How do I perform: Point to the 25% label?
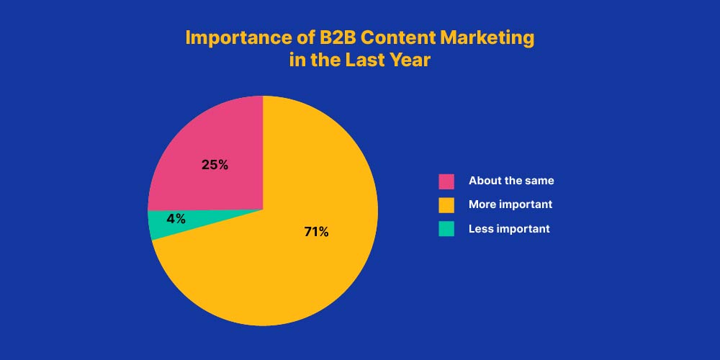pyautogui.click(x=215, y=165)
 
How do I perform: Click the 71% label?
pyautogui.click(x=316, y=232)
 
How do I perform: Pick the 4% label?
pyautogui.click(x=176, y=219)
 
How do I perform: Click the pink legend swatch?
pyautogui.click(x=446, y=181)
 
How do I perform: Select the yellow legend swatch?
pyautogui.click(x=446, y=205)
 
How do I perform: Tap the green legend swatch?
pyautogui.click(x=446, y=229)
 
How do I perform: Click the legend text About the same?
pyautogui.click(x=511, y=181)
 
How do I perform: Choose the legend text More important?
pyautogui.click(x=510, y=204)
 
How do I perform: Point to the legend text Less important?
pyautogui.click(x=509, y=229)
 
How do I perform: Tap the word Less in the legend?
pyautogui.click(x=479, y=229)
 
